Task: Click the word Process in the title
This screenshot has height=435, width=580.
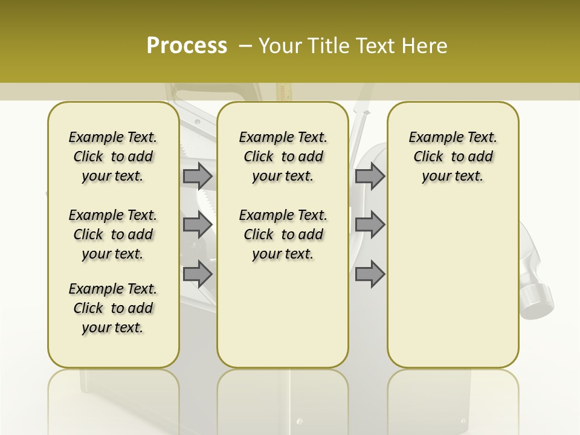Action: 187,45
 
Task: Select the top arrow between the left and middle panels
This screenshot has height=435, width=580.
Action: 198,176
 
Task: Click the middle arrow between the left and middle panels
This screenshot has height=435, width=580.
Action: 198,225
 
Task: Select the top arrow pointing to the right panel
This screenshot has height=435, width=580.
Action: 370,176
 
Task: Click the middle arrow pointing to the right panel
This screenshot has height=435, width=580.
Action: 370,225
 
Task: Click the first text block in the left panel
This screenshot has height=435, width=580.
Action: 113,156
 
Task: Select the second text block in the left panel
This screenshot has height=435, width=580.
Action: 113,234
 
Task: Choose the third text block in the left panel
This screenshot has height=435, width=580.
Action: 113,308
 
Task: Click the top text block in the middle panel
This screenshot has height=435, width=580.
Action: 283,156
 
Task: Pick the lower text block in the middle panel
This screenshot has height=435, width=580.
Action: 283,234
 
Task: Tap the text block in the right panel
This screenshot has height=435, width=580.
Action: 453,156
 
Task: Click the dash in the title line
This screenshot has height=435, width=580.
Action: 245,45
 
